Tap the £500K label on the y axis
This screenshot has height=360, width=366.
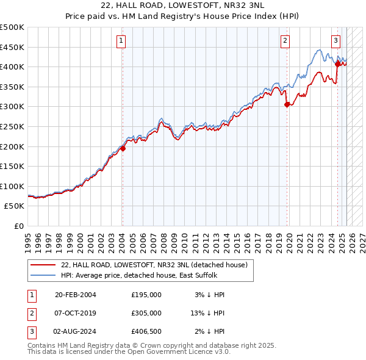(12, 27)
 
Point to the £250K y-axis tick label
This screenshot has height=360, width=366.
(12, 126)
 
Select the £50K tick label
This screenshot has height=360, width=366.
(15, 206)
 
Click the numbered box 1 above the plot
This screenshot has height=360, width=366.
(122, 41)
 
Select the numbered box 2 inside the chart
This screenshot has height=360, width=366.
(285, 41)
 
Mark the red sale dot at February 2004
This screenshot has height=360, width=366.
(123, 148)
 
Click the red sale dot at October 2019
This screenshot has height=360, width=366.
(287, 104)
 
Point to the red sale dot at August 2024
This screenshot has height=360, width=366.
(337, 63)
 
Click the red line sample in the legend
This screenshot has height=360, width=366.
(43, 265)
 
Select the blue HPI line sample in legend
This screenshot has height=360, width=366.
(43, 275)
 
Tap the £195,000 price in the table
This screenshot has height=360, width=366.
(146, 295)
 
